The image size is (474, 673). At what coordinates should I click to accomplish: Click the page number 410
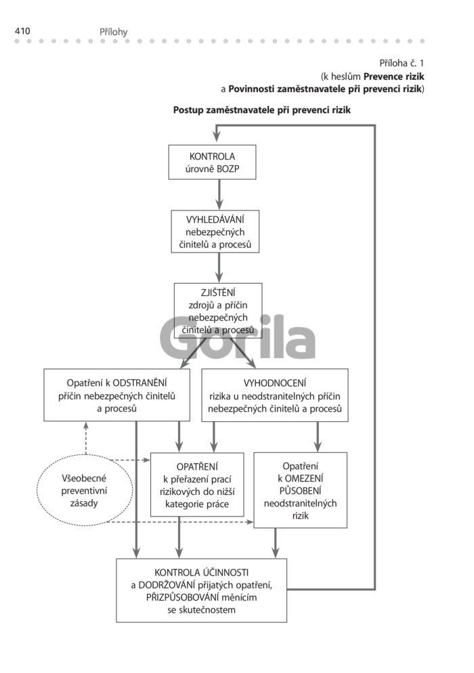pyautogui.click(x=22, y=31)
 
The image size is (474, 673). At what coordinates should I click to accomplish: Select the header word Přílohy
pyautogui.click(x=113, y=32)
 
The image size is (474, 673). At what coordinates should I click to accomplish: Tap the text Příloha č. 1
pyautogui.click(x=402, y=64)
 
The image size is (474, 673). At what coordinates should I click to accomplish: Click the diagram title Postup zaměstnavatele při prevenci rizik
pyautogui.click(x=262, y=110)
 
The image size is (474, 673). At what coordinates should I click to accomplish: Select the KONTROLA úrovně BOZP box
pyautogui.click(x=212, y=162)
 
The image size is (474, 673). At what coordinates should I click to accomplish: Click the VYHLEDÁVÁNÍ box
pyautogui.click(x=215, y=232)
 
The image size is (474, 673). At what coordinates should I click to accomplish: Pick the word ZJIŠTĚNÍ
pyautogui.click(x=218, y=292)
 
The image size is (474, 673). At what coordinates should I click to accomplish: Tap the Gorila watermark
pyautogui.click(x=238, y=337)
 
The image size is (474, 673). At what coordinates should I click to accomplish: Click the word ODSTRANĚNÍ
pyautogui.click(x=139, y=383)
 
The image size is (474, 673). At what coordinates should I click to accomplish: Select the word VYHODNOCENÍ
pyautogui.click(x=275, y=383)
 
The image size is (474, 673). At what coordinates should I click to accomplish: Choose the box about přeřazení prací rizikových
pyautogui.click(x=197, y=485)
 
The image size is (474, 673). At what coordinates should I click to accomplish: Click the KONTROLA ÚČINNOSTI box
pyautogui.click(x=201, y=590)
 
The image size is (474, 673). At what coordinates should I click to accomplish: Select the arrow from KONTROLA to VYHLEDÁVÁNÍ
pyautogui.click(x=219, y=194)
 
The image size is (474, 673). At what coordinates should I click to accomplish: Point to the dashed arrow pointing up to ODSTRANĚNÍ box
pyautogui.click(x=86, y=438)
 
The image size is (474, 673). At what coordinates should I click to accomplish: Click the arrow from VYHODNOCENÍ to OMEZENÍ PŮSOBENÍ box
pyautogui.click(x=318, y=437)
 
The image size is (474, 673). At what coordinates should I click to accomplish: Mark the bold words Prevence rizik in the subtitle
pyautogui.click(x=393, y=77)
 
